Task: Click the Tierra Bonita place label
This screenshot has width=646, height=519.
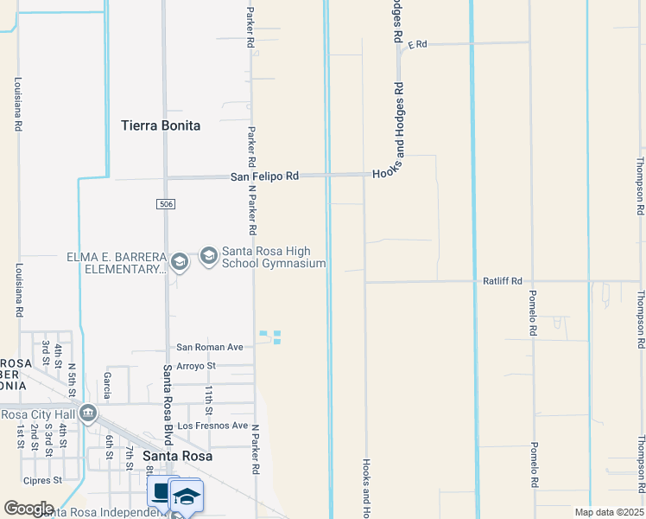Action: click(x=161, y=125)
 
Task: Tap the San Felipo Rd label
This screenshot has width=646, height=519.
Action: click(x=264, y=176)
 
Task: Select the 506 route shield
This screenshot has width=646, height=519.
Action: click(x=167, y=204)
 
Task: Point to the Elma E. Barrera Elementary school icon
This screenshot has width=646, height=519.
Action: click(x=179, y=262)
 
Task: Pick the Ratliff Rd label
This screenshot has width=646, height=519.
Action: click(x=503, y=281)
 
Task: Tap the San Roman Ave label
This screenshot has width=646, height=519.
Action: click(x=211, y=347)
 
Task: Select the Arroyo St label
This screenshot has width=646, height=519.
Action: click(x=195, y=366)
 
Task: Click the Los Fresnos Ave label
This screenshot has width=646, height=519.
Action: click(x=212, y=426)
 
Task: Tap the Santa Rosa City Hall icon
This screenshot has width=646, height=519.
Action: click(x=87, y=413)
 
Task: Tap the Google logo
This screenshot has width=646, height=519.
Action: click(x=28, y=509)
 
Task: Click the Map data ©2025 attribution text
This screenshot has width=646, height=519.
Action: click(x=607, y=512)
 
